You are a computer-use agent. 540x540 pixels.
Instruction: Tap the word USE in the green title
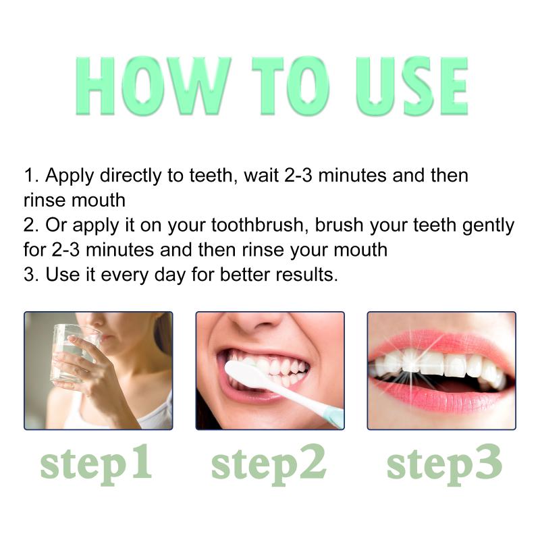tap(412, 86)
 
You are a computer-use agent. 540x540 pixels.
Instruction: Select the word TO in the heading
tap(291, 86)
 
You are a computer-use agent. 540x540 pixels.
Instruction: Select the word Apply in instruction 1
tap(70, 176)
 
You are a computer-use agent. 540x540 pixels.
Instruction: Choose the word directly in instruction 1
tap(130, 176)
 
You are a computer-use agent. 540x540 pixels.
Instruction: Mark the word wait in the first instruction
tap(261, 175)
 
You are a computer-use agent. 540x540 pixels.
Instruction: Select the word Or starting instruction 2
tap(56, 225)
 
